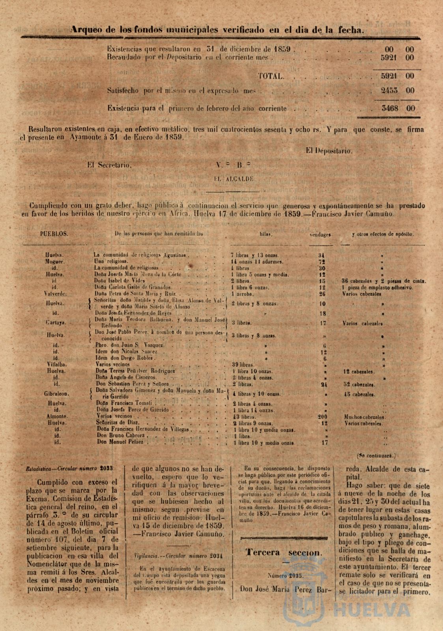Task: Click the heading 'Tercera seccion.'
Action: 283,552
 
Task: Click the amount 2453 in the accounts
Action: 389,90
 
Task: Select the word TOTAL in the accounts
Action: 271,76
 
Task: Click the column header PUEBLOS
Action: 54,233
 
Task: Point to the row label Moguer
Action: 55,261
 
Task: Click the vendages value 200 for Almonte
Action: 323,416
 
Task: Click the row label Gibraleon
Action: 57,394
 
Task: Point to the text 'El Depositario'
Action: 329,150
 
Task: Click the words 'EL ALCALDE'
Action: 234,179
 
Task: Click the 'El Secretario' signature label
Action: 109,166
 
